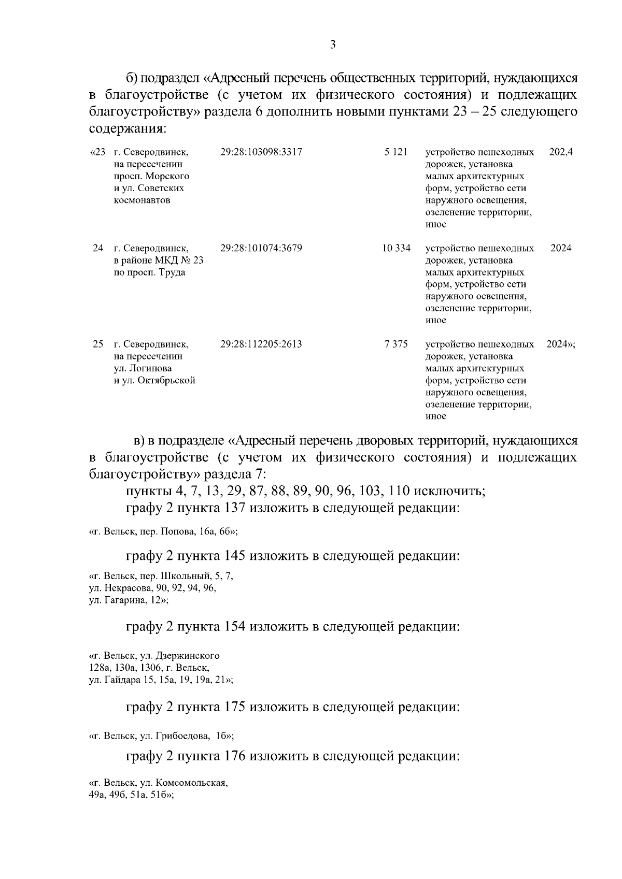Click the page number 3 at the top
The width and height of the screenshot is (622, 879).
[333, 45]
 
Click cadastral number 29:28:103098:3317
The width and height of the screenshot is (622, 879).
[261, 152]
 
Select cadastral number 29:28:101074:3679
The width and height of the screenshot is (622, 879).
[261, 248]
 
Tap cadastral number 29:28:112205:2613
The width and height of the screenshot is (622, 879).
[261, 344]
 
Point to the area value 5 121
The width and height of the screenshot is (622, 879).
[396, 152]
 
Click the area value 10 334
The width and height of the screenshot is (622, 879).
[396, 248]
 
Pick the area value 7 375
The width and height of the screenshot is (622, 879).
[396, 344]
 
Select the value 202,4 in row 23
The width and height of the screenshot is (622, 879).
[560, 152]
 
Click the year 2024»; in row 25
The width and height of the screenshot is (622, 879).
[560, 344]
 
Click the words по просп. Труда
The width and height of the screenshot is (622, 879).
[149, 272]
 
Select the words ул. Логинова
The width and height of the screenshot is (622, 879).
[143, 368]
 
